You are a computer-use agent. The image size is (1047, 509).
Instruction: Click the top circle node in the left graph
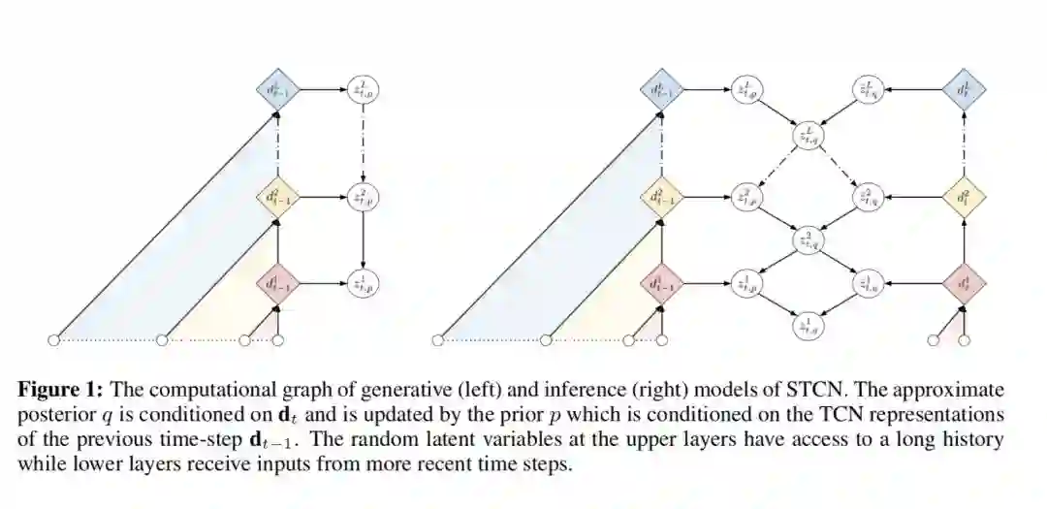363,91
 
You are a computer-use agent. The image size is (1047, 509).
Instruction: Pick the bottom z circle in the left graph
363,284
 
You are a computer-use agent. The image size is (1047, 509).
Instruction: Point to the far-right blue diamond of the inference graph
965,91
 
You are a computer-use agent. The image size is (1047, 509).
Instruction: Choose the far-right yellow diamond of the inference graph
965,198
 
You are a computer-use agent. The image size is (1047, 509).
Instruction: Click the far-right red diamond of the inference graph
965,284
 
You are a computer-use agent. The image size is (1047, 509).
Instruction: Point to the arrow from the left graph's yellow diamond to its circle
321,198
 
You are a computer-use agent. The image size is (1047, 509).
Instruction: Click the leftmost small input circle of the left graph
54,339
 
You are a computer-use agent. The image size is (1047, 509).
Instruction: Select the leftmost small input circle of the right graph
437,339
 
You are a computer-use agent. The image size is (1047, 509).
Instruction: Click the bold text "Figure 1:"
62,390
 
